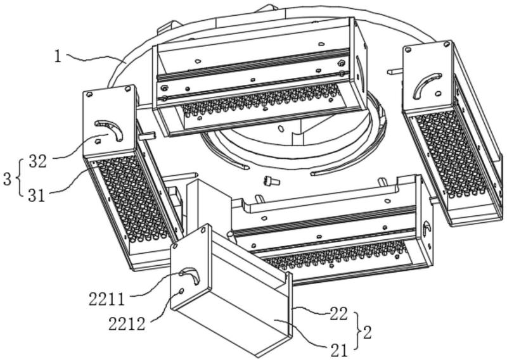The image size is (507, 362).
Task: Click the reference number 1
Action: tap(58, 56)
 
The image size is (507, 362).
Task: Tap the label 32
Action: tap(38, 161)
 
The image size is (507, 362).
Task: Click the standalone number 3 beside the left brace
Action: tap(7, 178)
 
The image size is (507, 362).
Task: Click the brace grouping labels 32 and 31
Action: tap(19, 177)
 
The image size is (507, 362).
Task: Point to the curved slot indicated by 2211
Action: tap(189, 274)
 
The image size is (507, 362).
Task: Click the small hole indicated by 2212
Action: tap(183, 290)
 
